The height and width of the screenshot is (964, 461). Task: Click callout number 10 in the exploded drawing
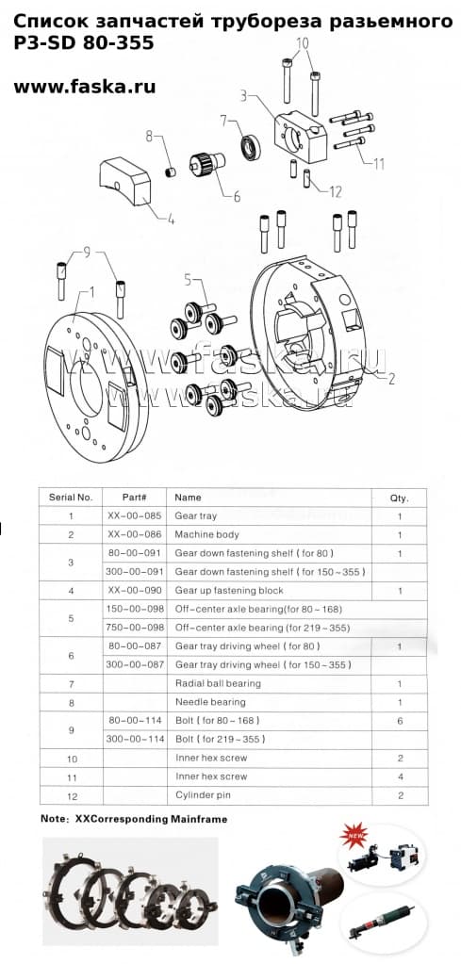coord(302,42)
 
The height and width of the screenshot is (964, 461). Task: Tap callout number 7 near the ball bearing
coord(223,120)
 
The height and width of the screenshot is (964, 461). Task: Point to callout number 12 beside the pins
coord(335,192)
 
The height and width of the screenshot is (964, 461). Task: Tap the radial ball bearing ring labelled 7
coord(252,146)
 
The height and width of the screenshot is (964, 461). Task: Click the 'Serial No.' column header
coord(71,497)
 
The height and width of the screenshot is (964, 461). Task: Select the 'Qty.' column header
coord(399,497)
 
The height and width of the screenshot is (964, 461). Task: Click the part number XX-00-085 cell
coord(135,516)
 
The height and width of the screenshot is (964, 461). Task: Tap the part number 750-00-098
coord(135,628)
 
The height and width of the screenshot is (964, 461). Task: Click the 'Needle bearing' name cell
coord(210,702)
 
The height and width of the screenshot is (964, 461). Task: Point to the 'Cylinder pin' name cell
coord(204,795)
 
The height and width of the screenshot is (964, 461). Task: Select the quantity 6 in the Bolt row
coord(399,721)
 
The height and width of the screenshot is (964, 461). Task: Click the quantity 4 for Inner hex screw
coord(399,776)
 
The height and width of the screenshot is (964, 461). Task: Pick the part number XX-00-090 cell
coord(135,590)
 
